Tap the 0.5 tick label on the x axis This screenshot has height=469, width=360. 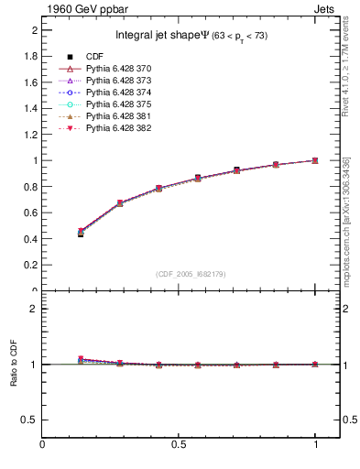coord(180,445)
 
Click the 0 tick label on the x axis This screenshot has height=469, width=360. coord(42,445)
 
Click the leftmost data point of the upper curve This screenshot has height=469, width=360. coord(81,233)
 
